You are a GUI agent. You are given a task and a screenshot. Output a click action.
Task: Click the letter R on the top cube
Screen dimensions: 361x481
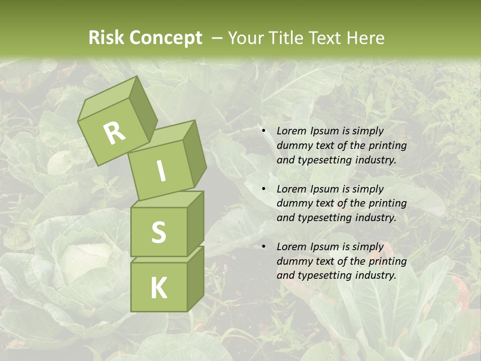click(115, 133)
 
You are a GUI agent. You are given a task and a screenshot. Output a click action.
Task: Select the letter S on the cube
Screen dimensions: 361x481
click(158, 232)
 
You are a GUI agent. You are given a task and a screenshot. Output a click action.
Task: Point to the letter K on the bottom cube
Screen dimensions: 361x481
click(158, 288)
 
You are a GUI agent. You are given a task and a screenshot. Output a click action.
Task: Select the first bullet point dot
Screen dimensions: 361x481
click(264, 131)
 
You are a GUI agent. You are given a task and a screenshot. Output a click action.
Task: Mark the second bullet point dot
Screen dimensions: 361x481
click(264, 189)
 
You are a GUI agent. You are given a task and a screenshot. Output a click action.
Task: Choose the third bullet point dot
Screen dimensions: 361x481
click(264, 247)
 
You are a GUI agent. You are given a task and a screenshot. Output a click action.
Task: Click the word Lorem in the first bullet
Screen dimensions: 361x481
click(290, 131)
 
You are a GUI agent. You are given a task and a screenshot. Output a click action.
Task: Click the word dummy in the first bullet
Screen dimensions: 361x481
click(294, 145)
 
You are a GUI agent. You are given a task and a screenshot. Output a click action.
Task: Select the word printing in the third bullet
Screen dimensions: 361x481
click(388, 261)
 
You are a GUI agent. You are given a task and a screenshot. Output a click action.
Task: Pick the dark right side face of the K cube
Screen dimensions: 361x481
click(195, 278)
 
